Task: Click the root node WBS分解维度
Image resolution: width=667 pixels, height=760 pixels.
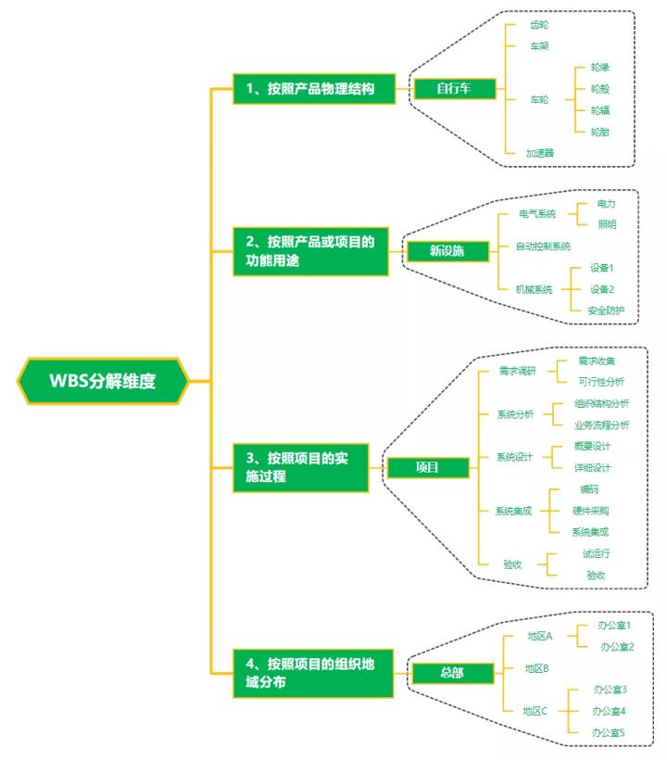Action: [103, 380]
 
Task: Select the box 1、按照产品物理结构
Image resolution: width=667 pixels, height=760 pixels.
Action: [313, 89]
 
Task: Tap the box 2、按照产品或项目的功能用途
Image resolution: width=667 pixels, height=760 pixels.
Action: [313, 252]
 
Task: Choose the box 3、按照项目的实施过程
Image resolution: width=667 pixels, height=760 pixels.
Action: [300, 467]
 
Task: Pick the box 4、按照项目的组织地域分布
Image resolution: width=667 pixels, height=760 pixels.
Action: [312, 673]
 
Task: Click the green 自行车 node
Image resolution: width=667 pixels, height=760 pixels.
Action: [454, 89]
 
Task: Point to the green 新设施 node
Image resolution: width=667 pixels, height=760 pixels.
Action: [447, 251]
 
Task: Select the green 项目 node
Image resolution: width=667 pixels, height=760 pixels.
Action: [427, 467]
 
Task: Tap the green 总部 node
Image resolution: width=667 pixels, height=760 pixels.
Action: [452, 673]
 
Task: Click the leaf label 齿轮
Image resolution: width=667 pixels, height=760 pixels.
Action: [539, 25]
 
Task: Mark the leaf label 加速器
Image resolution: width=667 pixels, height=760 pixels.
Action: [539, 152]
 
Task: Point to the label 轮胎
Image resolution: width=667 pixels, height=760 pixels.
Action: [599, 132]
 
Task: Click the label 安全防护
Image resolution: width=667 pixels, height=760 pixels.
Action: [606, 310]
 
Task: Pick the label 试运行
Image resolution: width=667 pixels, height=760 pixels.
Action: [596, 553]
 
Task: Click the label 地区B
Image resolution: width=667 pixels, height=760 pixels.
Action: [537, 668]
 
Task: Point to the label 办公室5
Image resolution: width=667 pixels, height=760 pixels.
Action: [610, 732]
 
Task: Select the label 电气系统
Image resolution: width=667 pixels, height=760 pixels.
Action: [537, 214]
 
